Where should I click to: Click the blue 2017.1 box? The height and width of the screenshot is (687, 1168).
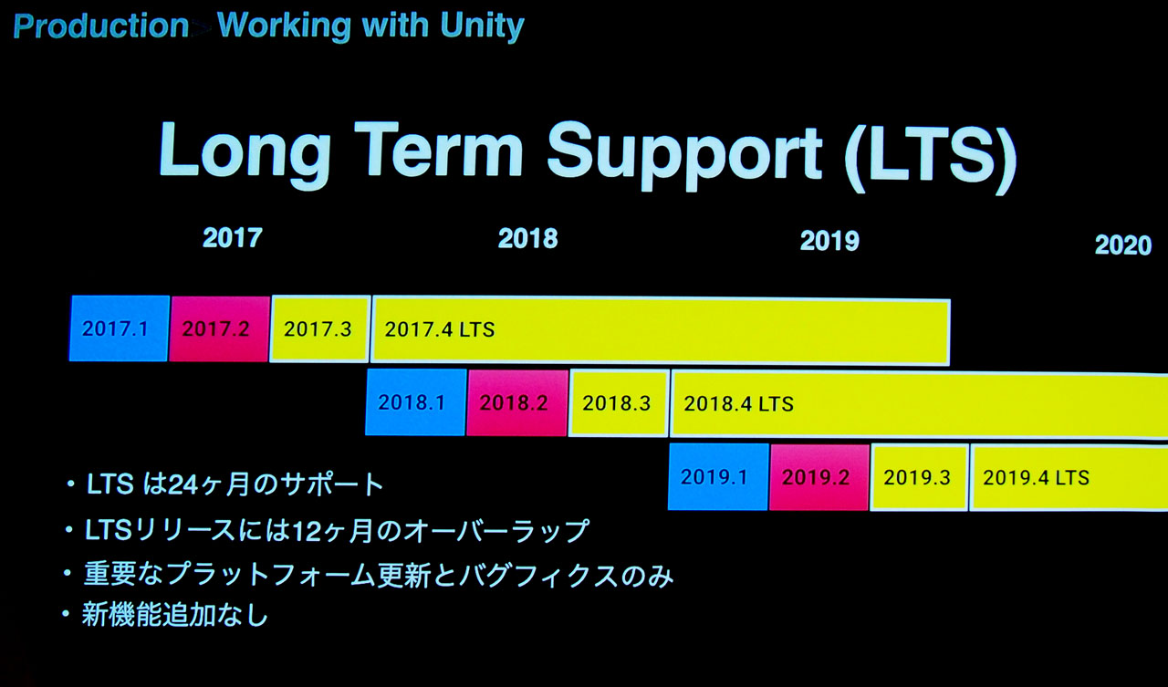120,328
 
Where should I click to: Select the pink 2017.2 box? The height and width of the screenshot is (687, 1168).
220,329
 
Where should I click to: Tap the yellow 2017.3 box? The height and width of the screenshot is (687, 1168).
319,329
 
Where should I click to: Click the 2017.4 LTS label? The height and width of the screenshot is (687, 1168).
440,330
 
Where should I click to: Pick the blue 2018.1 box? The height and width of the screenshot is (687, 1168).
415,401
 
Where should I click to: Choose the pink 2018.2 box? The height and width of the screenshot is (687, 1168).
516,403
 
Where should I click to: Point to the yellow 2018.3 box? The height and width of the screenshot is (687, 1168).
619,403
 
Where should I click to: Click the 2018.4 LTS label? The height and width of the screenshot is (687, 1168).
739,404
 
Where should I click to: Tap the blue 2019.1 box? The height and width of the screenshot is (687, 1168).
718,476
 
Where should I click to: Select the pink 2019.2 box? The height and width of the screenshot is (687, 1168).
819,477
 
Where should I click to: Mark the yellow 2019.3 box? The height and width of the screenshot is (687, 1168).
919,477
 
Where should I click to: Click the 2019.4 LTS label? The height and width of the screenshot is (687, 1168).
1036,478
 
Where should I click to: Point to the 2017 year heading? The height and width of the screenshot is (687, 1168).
233,238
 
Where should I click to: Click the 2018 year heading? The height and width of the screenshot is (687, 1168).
528,239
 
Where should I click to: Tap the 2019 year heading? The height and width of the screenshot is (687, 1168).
829,241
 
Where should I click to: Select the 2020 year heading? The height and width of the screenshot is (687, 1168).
1123,245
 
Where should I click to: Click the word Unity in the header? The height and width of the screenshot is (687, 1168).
483,26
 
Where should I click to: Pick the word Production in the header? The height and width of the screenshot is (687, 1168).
101,26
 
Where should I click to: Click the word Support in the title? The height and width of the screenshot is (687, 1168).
684,154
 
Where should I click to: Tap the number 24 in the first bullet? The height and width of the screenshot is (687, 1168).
183,484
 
